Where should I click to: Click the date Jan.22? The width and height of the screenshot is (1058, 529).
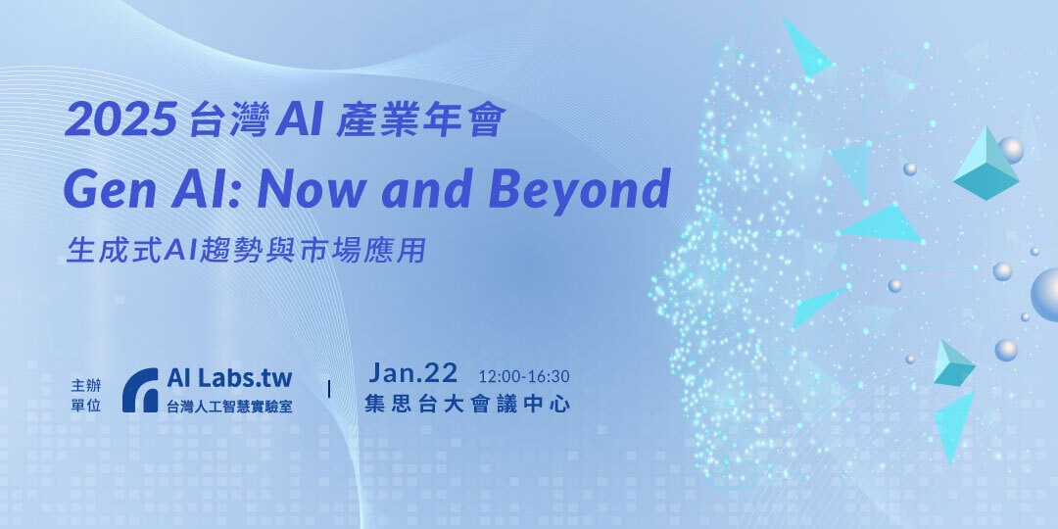pos(413,373)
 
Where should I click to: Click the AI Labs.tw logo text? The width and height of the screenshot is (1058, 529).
pos(229,377)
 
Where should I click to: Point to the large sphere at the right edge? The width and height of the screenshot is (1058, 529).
pos(1045,293)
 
